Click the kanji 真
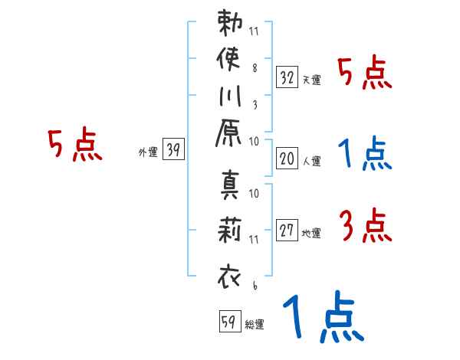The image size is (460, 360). point(230,188)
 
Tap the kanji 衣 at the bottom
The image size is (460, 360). point(230,274)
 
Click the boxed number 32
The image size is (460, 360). point(287,77)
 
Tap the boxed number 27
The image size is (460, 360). point(287,230)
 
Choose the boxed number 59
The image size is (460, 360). point(228,322)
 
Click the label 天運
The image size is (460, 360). point(311,80)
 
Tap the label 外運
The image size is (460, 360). point(147,152)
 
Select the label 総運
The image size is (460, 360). point(255,324)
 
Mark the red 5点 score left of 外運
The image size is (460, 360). point(75,146)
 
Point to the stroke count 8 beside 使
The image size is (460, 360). point(254,67)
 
